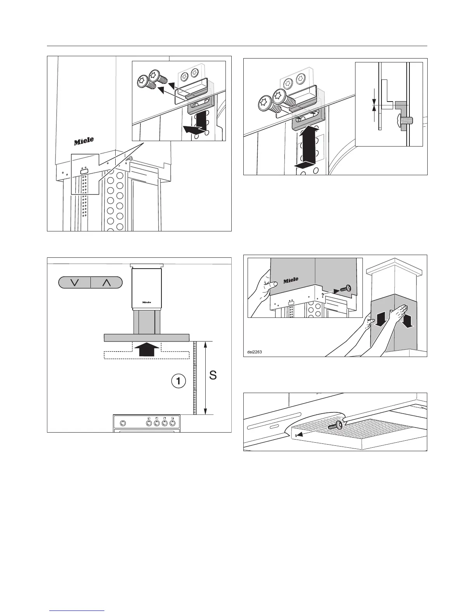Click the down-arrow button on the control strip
[x=75, y=282]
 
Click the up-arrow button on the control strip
[x=106, y=282]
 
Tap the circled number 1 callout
[x=178, y=381]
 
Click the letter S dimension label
[x=213, y=375]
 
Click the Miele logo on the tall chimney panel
[x=84, y=141]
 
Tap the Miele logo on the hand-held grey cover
[x=291, y=280]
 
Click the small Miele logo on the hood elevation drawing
[x=146, y=302]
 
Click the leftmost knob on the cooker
[x=123, y=423]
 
